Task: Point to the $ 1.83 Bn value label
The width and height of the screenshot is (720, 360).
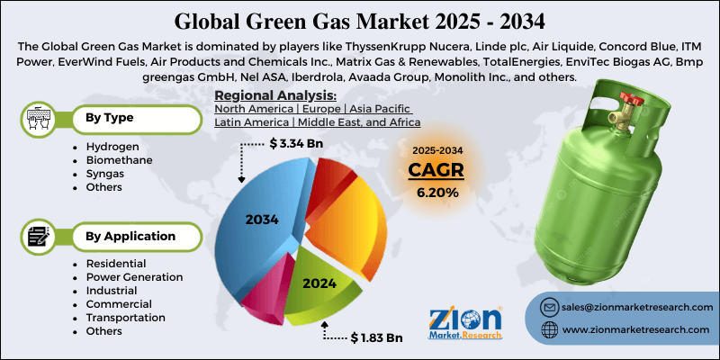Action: click(x=375, y=337)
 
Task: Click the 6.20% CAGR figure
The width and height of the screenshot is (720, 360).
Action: click(x=436, y=193)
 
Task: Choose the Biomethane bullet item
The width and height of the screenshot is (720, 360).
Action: click(x=118, y=160)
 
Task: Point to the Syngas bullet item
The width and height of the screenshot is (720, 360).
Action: click(x=104, y=174)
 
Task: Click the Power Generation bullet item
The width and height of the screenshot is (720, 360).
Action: click(x=134, y=277)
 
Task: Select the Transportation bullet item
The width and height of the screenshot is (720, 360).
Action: click(x=125, y=318)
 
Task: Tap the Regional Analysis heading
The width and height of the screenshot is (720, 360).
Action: click(x=275, y=95)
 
